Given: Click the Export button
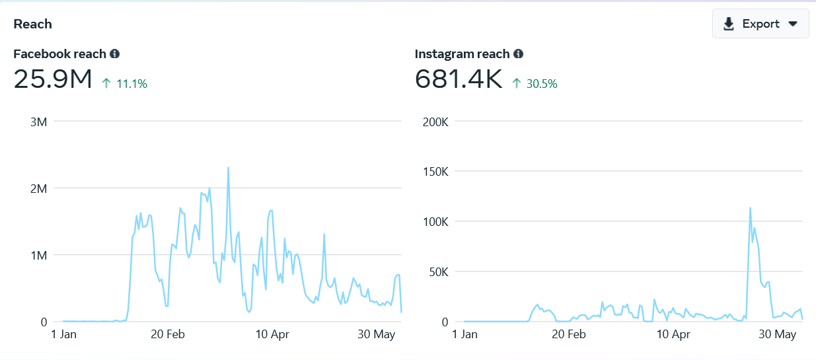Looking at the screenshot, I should tap(760, 24).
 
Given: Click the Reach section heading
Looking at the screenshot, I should tap(32, 24).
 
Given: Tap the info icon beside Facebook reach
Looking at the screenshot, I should tap(115, 54).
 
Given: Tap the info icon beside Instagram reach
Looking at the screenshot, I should tap(519, 54).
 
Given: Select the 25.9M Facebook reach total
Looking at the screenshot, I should tap(53, 79).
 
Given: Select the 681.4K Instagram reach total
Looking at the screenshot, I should tap(459, 79).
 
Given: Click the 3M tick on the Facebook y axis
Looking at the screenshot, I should tap(38, 122).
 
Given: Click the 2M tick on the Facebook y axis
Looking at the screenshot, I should tap(38, 188).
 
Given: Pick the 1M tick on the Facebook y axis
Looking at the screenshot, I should tap(38, 255).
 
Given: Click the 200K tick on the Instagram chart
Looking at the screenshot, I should tap(435, 122).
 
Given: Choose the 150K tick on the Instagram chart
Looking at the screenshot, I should tap(435, 172).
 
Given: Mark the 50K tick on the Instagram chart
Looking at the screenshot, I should tap(437, 271).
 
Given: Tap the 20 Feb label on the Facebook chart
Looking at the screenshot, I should tap(167, 334).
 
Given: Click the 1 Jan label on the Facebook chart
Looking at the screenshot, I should tap(64, 334).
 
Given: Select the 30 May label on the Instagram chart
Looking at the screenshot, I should tap(777, 334).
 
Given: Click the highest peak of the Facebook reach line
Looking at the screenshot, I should tap(228, 168).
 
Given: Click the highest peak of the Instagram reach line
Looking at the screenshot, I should tap(751, 208).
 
